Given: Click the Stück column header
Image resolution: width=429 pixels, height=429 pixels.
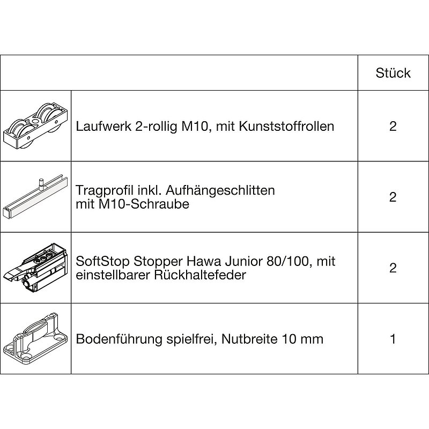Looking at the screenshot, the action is click(393, 73).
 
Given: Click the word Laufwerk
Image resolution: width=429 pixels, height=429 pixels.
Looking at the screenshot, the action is click(103, 127).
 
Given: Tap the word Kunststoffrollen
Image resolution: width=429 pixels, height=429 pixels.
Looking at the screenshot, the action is click(286, 127).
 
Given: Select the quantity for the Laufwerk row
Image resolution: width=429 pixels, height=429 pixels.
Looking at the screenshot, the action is click(393, 126).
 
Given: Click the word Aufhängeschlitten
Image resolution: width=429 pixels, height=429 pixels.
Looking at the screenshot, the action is click(220, 190).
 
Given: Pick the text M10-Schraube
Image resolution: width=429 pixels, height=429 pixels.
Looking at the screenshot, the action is click(132, 204).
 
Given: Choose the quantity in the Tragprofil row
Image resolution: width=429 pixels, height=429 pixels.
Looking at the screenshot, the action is click(393, 197).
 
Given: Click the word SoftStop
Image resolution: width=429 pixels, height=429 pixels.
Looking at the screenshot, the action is click(102, 261).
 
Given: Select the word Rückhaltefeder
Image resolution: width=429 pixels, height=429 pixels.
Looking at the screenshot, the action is click(200, 275).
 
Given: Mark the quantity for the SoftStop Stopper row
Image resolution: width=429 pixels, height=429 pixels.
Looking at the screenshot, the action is click(393, 268).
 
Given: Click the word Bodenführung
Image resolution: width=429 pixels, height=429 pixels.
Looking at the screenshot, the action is click(119, 339).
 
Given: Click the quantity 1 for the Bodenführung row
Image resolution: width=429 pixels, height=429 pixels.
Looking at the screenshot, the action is click(393, 339).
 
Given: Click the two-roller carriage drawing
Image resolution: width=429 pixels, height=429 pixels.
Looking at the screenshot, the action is click(35, 126).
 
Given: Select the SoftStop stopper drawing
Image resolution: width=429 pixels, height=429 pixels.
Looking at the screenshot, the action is click(35, 268).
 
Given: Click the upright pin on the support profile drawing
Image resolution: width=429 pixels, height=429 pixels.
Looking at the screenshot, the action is click(40, 183).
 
